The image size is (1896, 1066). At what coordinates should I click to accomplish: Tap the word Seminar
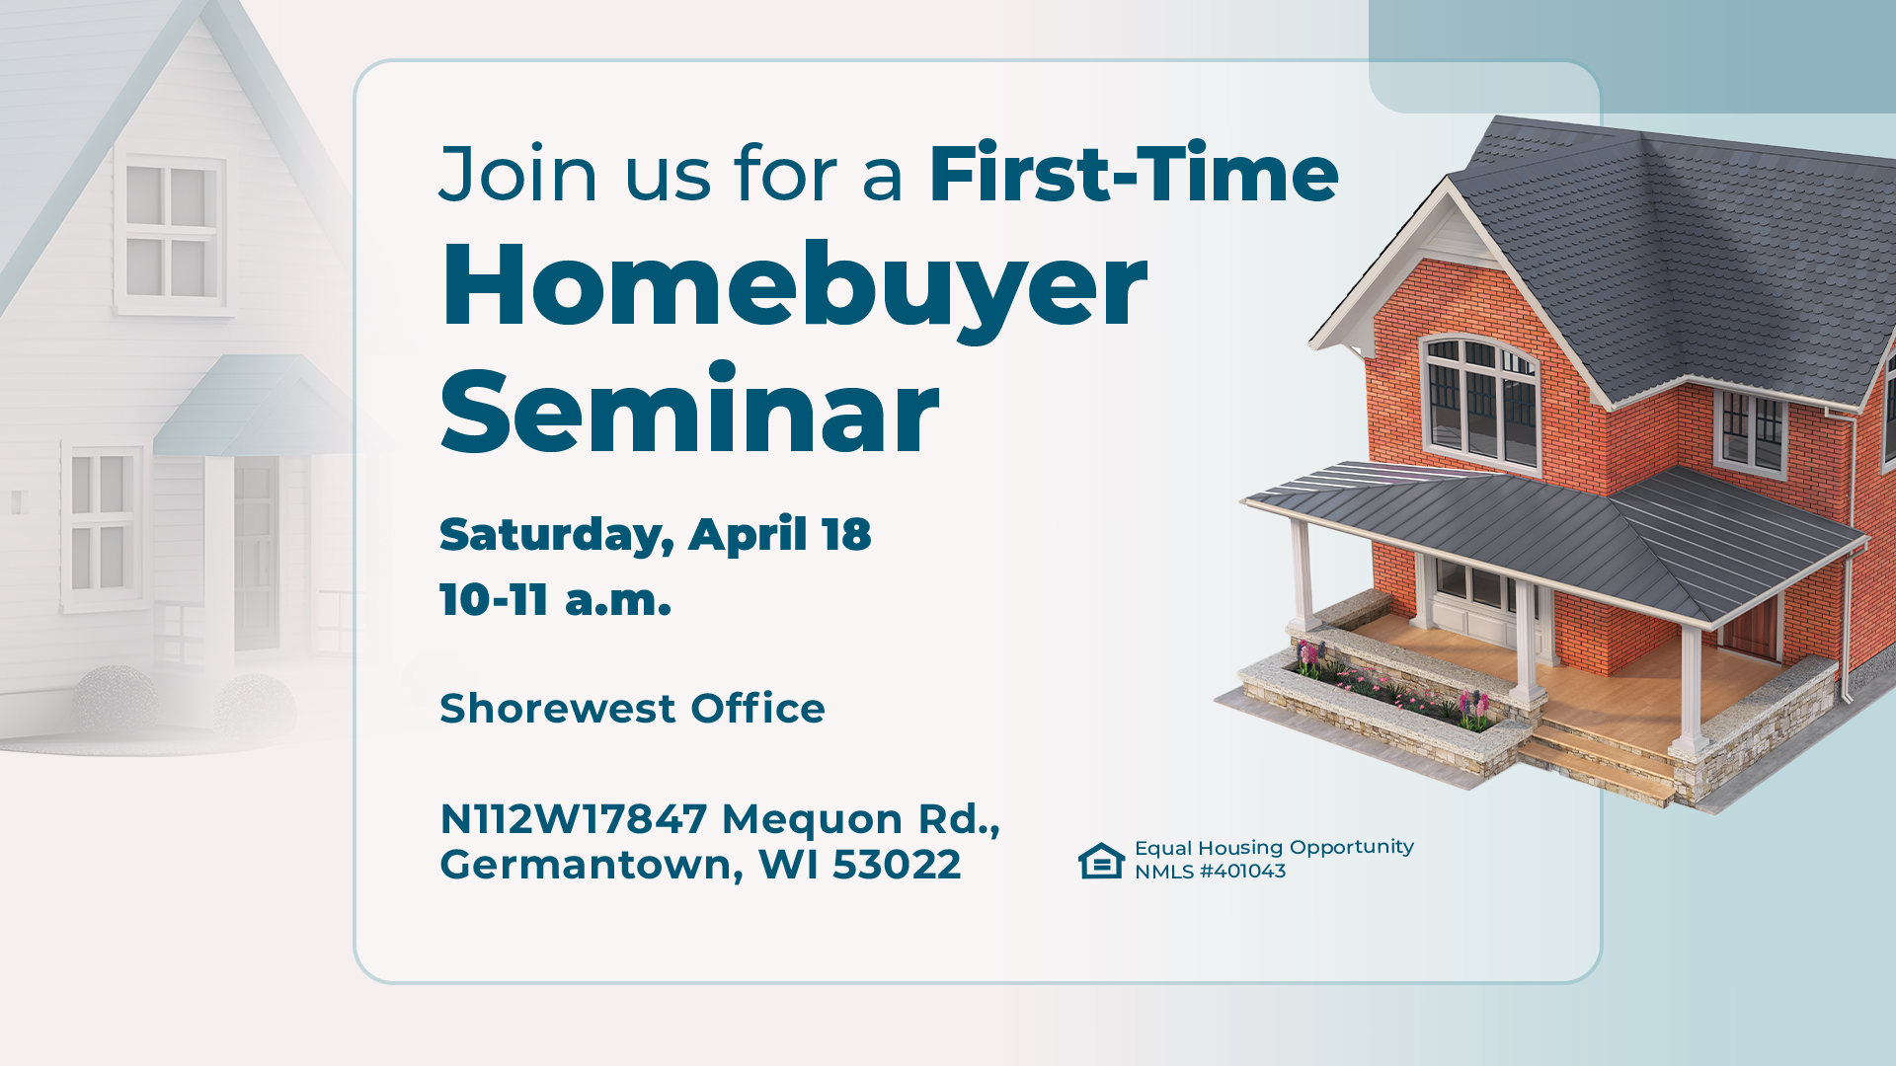click(x=688, y=412)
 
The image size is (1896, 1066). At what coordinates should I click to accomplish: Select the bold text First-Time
click(x=1133, y=174)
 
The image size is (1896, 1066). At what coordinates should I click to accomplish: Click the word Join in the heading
click(x=518, y=175)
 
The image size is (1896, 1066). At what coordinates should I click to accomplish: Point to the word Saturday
click(x=556, y=535)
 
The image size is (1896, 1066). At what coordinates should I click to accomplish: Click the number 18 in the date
click(x=846, y=534)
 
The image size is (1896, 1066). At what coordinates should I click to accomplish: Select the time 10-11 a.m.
click(x=555, y=599)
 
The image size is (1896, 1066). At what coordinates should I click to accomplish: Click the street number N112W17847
click(x=573, y=819)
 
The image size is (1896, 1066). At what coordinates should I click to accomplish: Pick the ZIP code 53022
click(x=896, y=865)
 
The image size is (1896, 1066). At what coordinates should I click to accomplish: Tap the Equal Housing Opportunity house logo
click(x=1101, y=860)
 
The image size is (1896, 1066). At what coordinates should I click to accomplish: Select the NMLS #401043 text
click(x=1210, y=872)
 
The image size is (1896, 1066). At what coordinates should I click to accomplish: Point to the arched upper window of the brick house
click(x=1478, y=399)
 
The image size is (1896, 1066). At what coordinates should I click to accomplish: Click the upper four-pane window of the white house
click(x=171, y=233)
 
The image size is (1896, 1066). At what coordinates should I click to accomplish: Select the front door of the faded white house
click(x=256, y=553)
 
